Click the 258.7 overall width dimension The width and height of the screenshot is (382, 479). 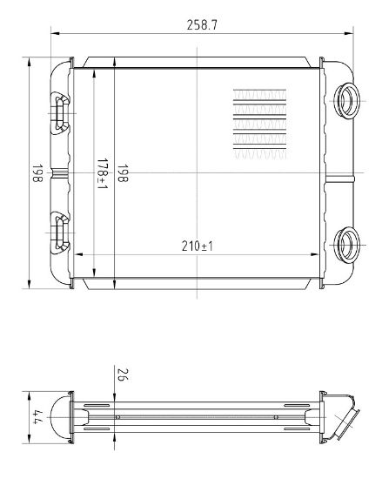pos(202,25)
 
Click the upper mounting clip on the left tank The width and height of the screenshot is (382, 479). pos(61,111)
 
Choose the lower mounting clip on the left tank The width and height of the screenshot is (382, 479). pos(61,231)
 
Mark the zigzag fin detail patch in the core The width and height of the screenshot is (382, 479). pos(259,124)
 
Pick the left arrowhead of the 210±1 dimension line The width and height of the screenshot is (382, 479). pos(81,255)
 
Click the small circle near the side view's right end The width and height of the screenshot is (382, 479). pos(276,416)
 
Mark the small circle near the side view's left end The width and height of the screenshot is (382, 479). pos(117,416)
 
